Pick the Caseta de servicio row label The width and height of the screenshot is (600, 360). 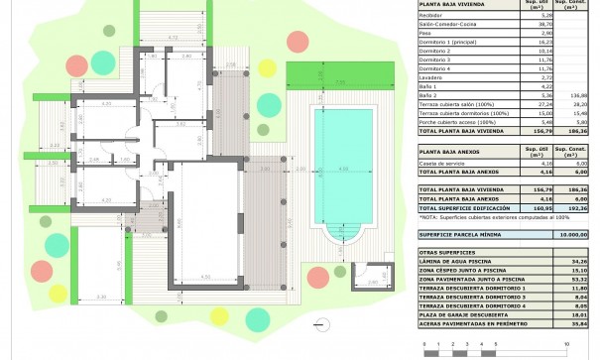pos(444,163)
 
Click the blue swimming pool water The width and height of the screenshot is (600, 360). pos(341,159)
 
